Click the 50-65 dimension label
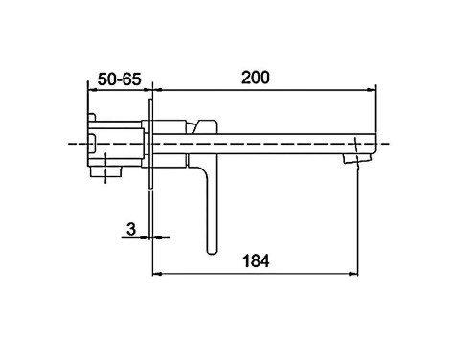pyautogui.click(x=119, y=79)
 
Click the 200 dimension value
pyautogui.click(x=255, y=78)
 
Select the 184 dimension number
pyautogui.click(x=256, y=260)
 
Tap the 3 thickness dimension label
pyautogui.click(x=131, y=229)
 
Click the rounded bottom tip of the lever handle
pyautogui.click(x=212, y=252)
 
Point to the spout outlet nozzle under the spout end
pyautogui.click(x=357, y=159)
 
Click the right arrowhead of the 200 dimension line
pyautogui.click(x=371, y=90)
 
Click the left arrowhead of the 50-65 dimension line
pyautogui.click(x=92, y=90)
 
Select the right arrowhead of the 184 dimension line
pyautogui.click(x=353, y=274)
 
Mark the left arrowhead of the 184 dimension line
pyautogui.click(x=158, y=274)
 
